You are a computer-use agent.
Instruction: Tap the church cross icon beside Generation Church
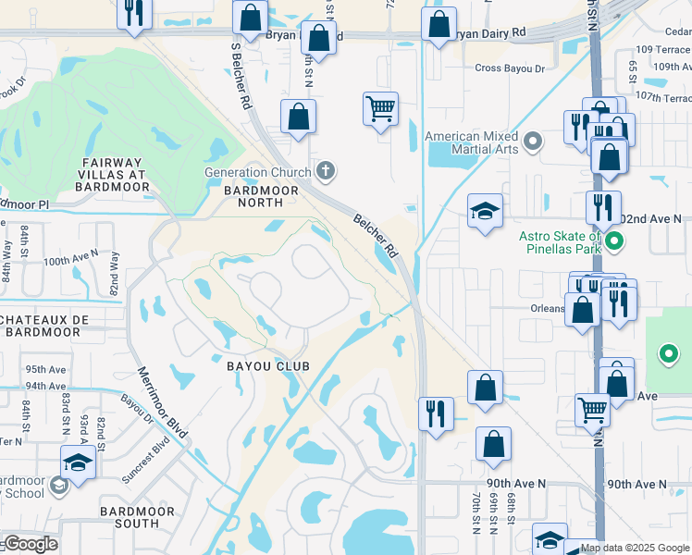pyautogui.click(x=325, y=170)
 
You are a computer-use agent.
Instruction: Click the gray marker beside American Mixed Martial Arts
pyautogui.click(x=532, y=142)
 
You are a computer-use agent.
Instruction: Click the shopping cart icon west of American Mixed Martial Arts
pyautogui.click(x=380, y=108)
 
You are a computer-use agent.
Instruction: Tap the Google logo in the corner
pyautogui.click(x=30, y=544)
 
